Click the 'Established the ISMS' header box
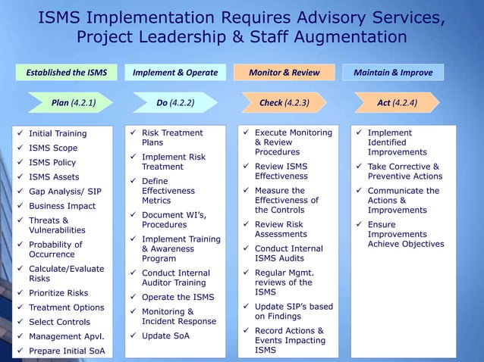coord(67,73)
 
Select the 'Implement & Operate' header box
coord(174,73)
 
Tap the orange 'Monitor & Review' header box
coord(284,73)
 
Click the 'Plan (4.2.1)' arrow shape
coord(72,102)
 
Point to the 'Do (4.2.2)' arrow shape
coord(175,102)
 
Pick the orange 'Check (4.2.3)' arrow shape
coord(282,102)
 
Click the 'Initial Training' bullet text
coord(58,134)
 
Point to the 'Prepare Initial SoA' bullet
coord(67,351)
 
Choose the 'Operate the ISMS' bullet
coord(178,298)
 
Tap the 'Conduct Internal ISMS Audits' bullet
coord(288,254)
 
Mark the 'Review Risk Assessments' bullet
coord(281,229)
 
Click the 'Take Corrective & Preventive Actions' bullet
coord(404,172)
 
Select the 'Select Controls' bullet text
coord(59,322)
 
